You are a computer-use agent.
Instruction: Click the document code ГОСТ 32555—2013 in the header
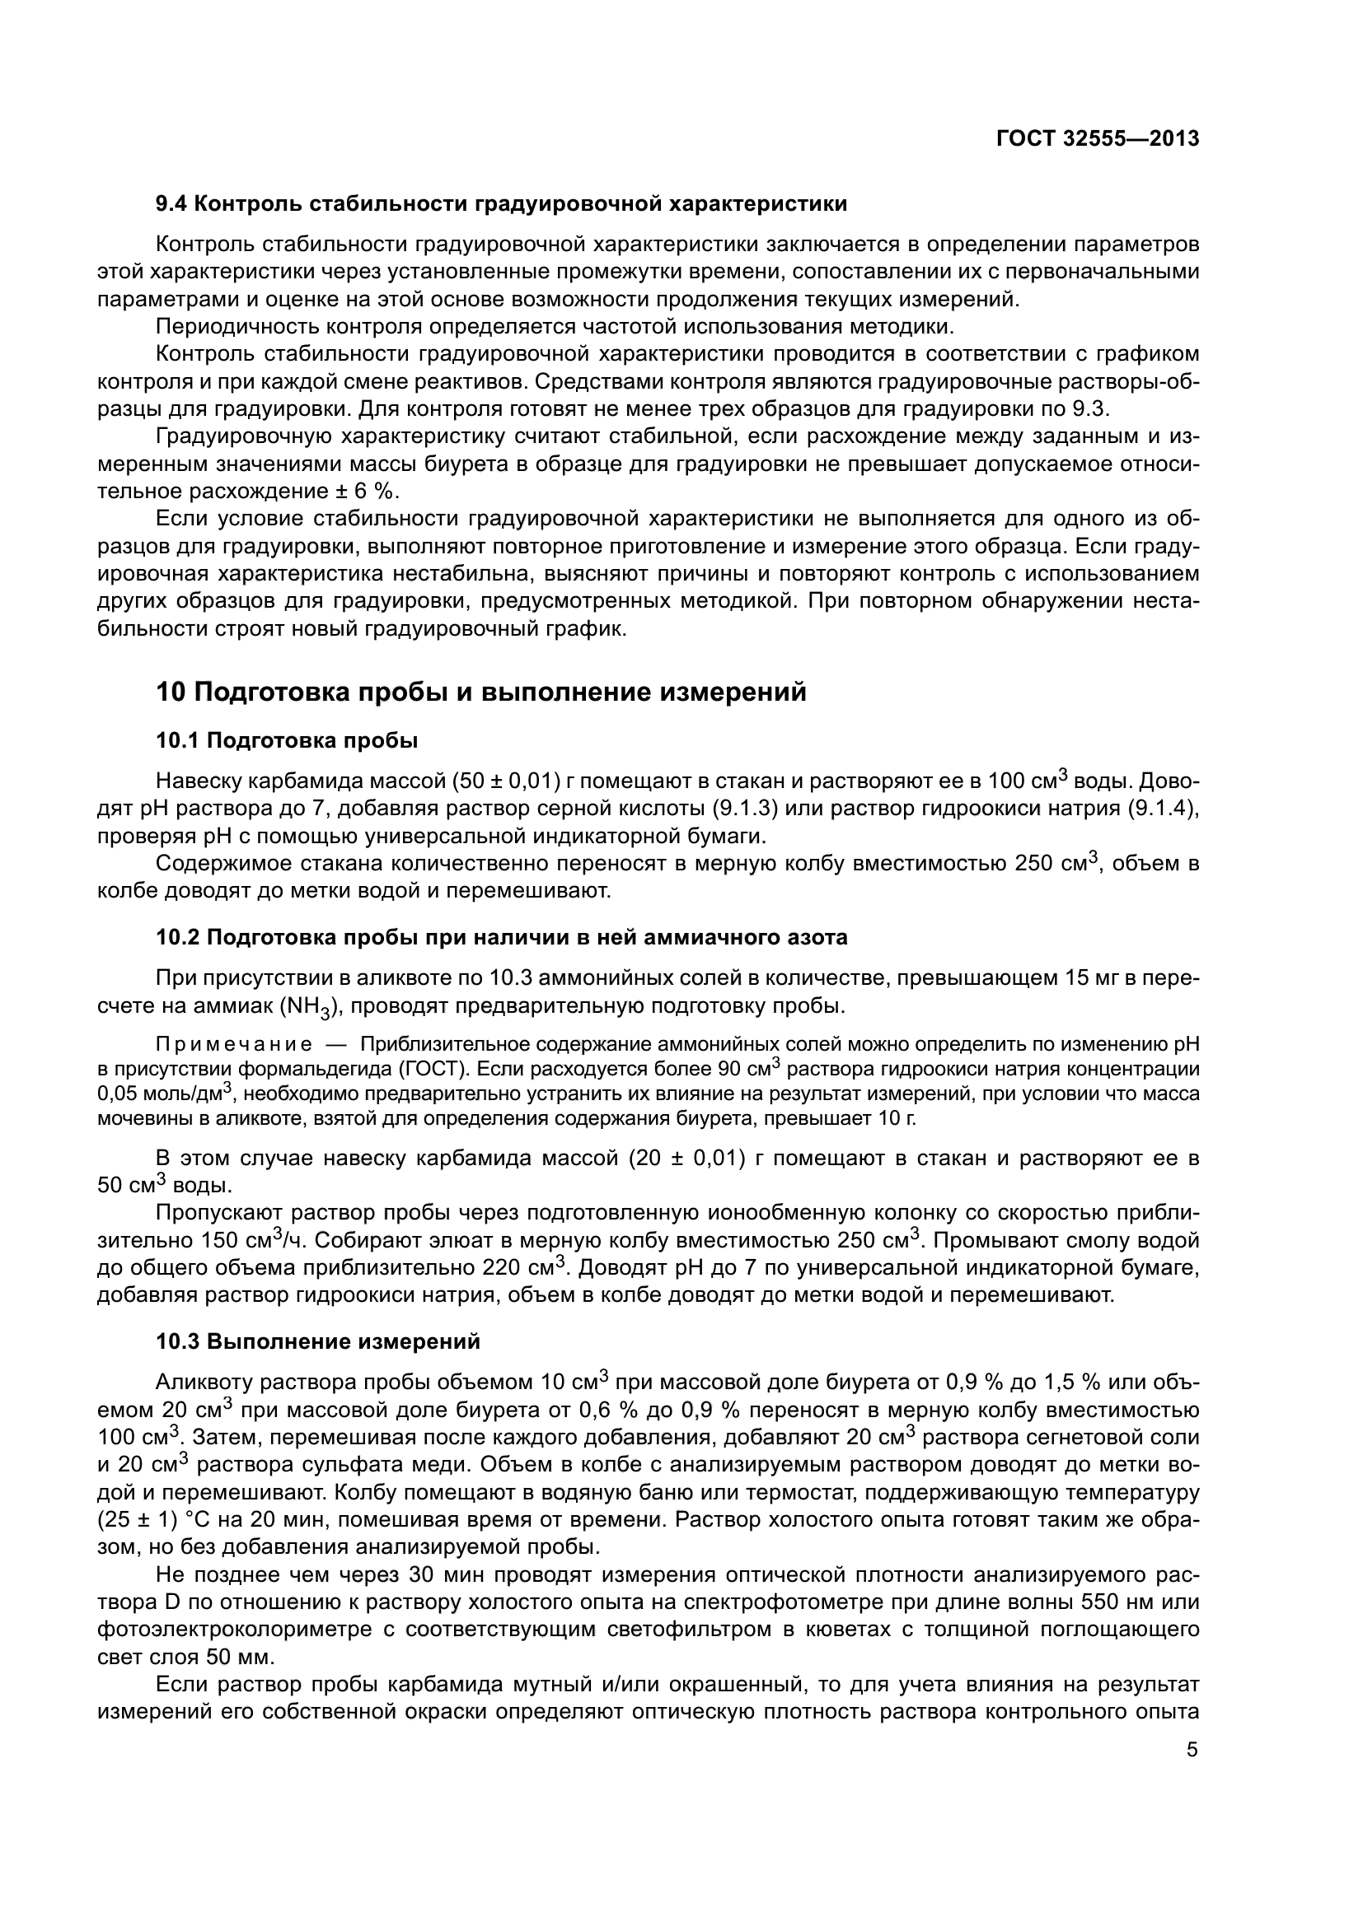(x=1097, y=139)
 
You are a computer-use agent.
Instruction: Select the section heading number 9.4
(x=174, y=204)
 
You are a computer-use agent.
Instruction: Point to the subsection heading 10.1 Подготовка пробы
(x=287, y=741)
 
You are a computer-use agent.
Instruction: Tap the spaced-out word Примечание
(x=234, y=1044)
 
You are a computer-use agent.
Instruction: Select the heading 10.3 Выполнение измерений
(x=318, y=1341)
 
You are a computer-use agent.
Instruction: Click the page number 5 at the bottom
(x=1192, y=1727)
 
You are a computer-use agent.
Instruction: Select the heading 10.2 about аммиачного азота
(x=502, y=937)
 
